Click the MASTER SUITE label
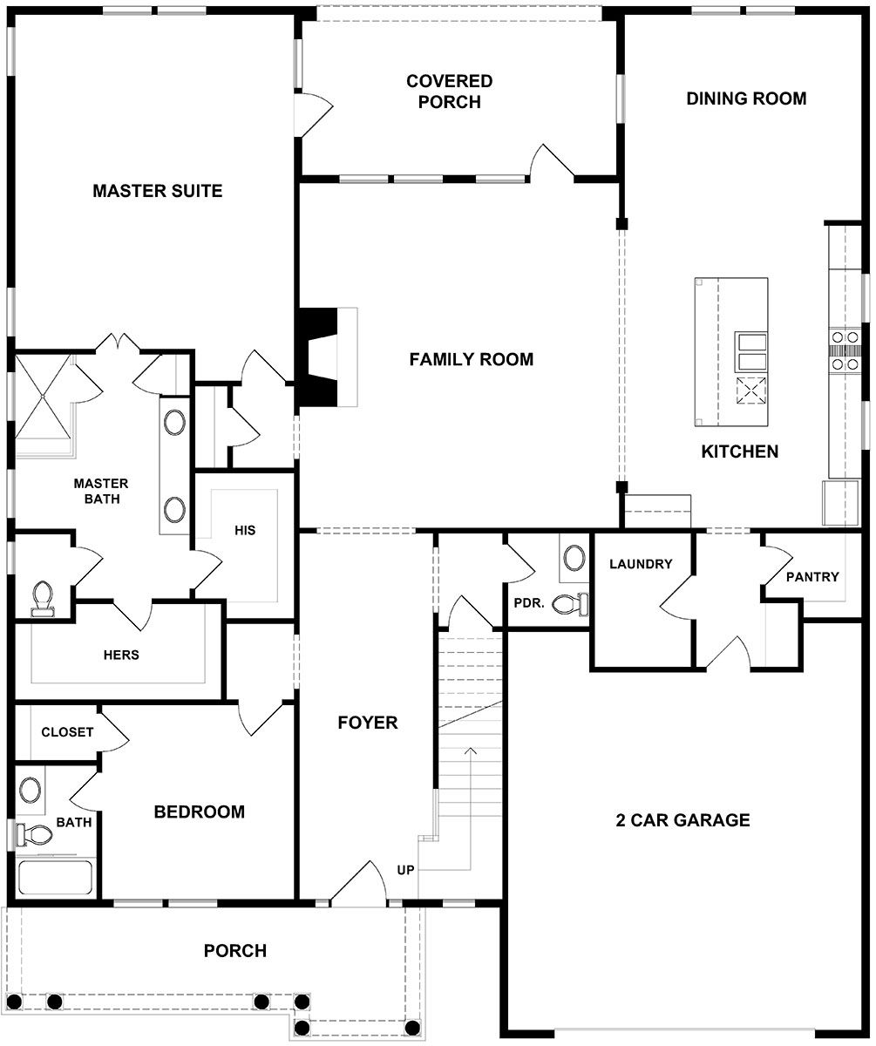point(158,190)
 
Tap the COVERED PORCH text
point(449,92)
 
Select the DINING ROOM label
point(746,98)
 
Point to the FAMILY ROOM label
point(471,359)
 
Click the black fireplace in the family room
point(316,357)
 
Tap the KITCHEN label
point(740,452)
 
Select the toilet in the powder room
point(571,603)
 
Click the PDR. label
point(530,602)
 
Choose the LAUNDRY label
point(641,564)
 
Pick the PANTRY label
point(811,576)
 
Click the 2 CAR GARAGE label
point(682,819)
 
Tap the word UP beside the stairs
point(406,869)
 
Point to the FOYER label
point(368,722)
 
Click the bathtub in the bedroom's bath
point(55,877)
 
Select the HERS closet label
point(121,655)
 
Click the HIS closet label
point(245,530)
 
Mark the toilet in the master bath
point(42,599)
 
